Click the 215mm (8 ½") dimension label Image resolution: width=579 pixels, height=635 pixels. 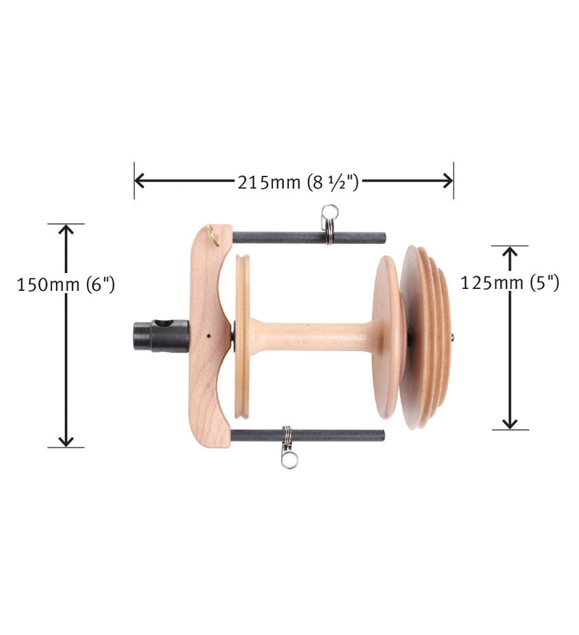[x=298, y=182]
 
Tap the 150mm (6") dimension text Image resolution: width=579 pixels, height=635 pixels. [x=66, y=285]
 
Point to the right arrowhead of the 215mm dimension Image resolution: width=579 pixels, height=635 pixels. [x=448, y=181]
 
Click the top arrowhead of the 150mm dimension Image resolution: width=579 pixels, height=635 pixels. [x=66, y=230]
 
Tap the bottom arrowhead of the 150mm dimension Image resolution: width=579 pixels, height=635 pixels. [x=66, y=441]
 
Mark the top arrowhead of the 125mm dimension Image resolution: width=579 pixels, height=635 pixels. [x=510, y=252]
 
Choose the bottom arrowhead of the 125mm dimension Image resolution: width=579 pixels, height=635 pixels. [x=510, y=423]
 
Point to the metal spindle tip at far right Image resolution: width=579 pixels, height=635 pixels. [x=453, y=337]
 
